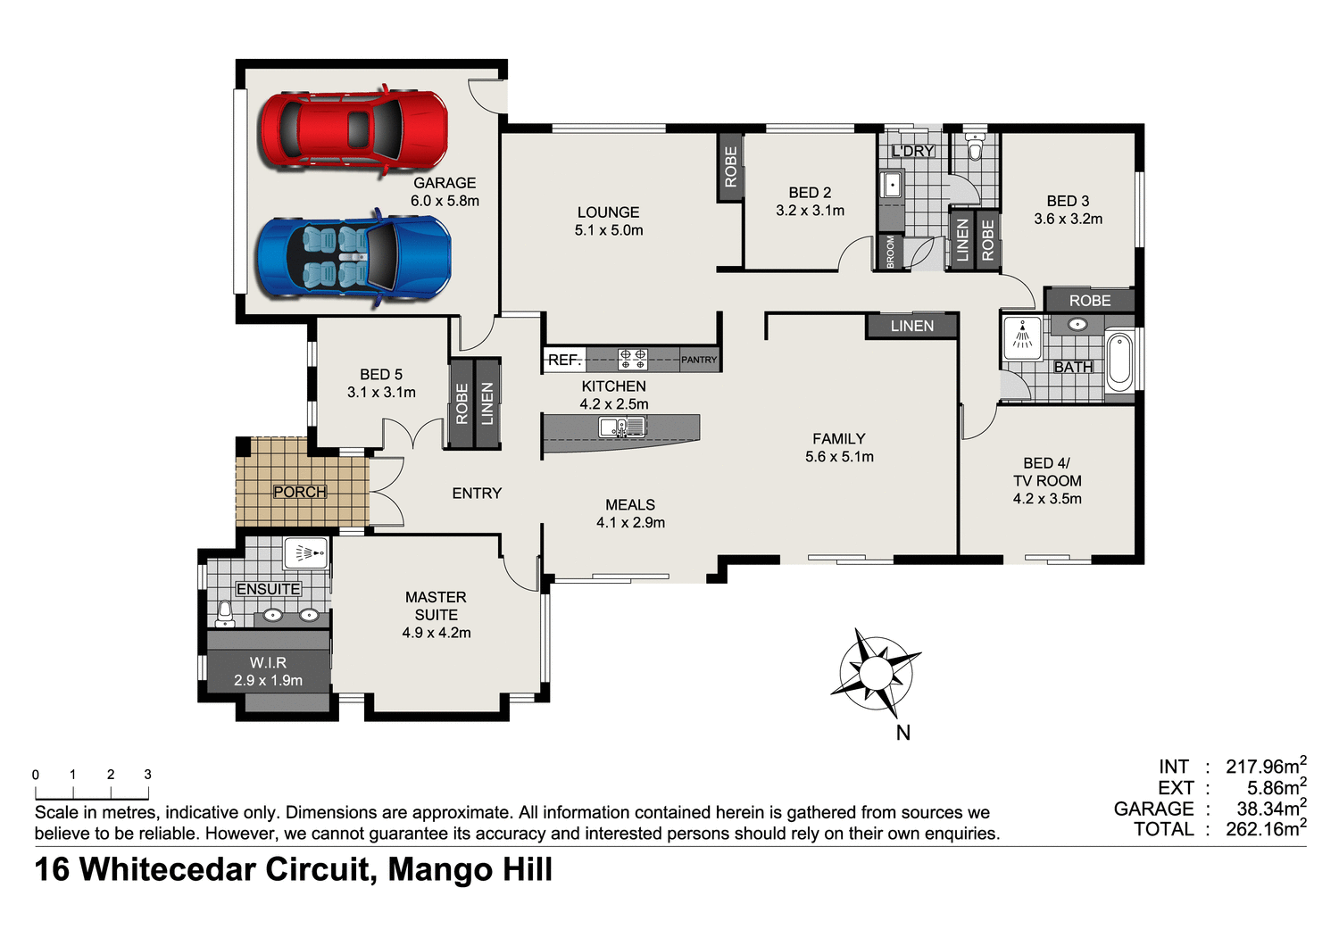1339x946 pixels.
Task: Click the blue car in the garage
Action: click(x=353, y=258)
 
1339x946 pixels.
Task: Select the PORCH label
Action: click(x=300, y=492)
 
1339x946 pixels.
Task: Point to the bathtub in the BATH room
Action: click(x=1119, y=361)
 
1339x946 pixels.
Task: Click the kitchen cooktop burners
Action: click(x=633, y=360)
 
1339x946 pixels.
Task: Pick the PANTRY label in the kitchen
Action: click(x=699, y=360)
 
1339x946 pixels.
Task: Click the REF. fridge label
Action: click(x=564, y=360)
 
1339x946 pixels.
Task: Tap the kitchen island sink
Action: click(x=621, y=427)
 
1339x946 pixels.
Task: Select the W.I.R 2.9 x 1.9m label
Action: click(x=268, y=671)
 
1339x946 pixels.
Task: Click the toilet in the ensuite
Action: click(x=225, y=613)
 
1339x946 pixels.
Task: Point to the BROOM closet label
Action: click(x=890, y=252)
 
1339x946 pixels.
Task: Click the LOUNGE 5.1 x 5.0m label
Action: click(x=609, y=221)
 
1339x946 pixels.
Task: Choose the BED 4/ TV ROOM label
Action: click(x=1047, y=480)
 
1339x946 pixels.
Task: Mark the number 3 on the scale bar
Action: click(x=148, y=775)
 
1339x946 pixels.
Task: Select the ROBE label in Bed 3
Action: click(x=1090, y=301)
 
